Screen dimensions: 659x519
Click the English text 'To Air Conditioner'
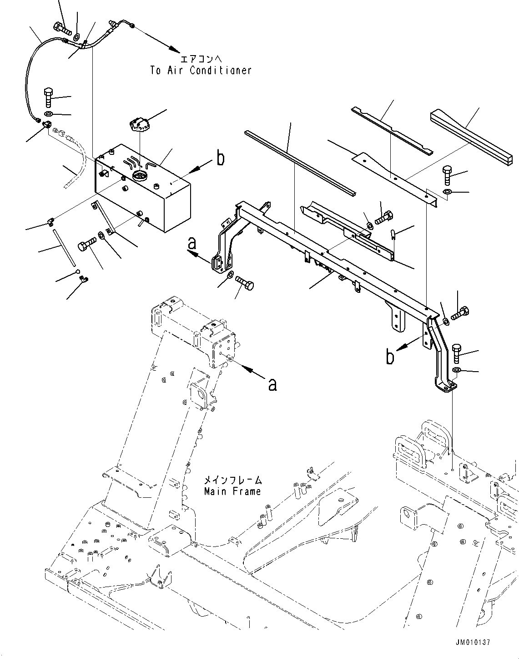pyautogui.click(x=201, y=71)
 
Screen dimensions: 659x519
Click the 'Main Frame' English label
pyautogui.click(x=232, y=491)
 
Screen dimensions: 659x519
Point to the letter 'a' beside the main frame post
pyautogui.click(x=272, y=385)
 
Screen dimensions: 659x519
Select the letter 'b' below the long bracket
pyautogui.click(x=390, y=357)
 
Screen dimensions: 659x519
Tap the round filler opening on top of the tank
pyautogui.click(x=138, y=176)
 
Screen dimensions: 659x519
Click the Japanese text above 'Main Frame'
pyautogui.click(x=232, y=480)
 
